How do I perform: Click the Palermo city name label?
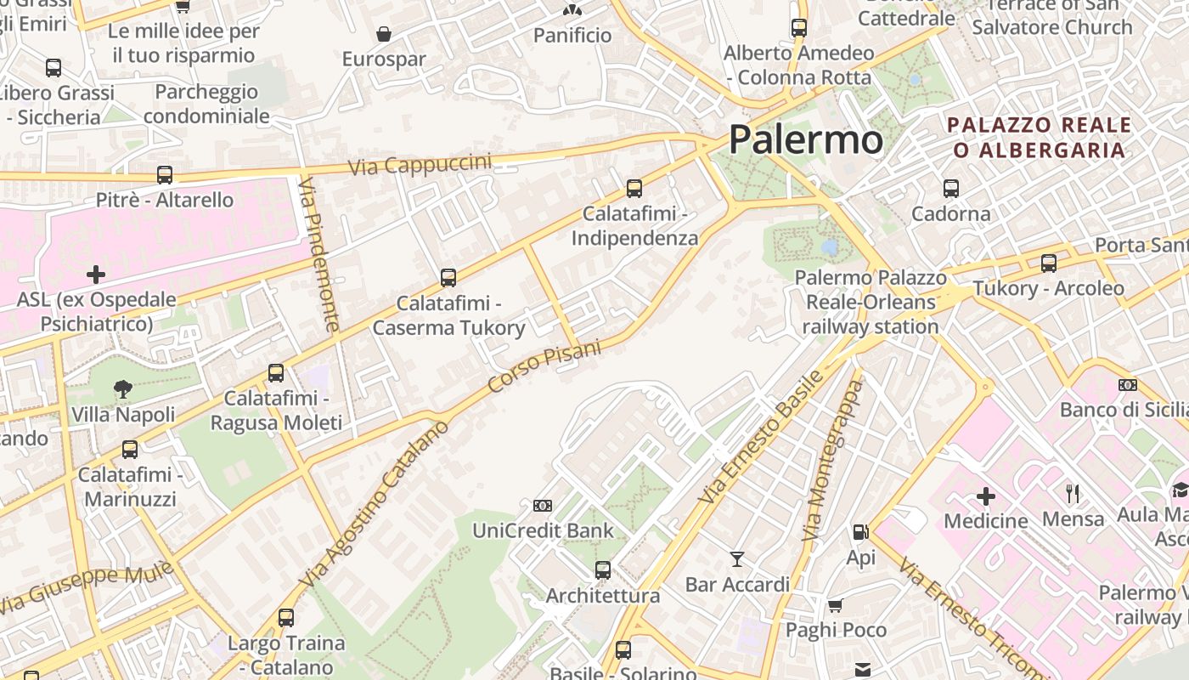pyautogui.click(x=806, y=139)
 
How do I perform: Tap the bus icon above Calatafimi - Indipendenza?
pyautogui.click(x=634, y=189)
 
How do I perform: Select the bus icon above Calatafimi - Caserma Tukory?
pyautogui.click(x=448, y=278)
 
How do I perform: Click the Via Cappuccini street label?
pyautogui.click(x=420, y=164)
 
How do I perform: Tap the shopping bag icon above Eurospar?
pyautogui.click(x=384, y=34)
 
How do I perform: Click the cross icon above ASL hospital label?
pyautogui.click(x=96, y=275)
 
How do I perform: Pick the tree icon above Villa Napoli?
pyautogui.click(x=123, y=389)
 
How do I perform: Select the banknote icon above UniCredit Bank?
pyautogui.click(x=543, y=506)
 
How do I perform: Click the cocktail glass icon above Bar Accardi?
pyautogui.click(x=737, y=559)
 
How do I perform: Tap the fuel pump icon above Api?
pyautogui.click(x=860, y=533)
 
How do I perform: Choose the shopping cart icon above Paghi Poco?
pyautogui.click(x=836, y=605)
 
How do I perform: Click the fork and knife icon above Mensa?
pyautogui.click(x=1073, y=493)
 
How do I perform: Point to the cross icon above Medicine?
pyautogui.click(x=986, y=496)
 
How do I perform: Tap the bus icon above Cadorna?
pyautogui.click(x=950, y=189)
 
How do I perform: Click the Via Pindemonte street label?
pyautogui.click(x=321, y=256)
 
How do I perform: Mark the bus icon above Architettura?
pyautogui.click(x=603, y=570)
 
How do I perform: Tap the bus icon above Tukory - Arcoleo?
pyautogui.click(x=1049, y=263)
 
